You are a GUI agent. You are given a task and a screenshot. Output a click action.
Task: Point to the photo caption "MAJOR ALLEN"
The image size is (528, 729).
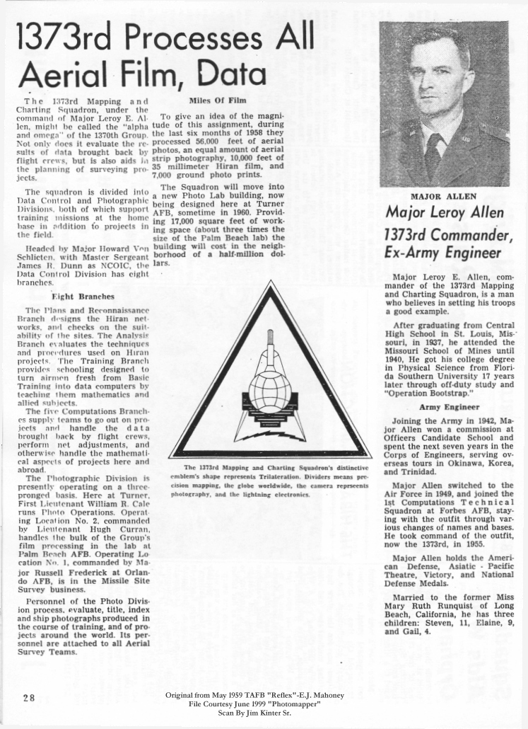click(446, 195)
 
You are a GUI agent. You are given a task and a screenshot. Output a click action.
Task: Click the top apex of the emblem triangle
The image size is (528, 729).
click(271, 283)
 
